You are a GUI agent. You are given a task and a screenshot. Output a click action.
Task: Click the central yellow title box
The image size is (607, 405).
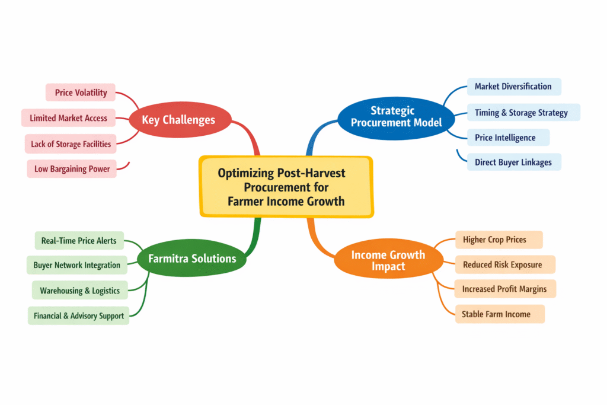(x=286, y=187)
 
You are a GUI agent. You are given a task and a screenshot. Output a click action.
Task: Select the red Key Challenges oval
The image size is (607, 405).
(x=178, y=120)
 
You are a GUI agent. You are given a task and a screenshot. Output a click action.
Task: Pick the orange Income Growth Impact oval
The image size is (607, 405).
(x=388, y=260)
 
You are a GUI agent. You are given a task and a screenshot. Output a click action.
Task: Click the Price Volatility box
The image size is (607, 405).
(x=81, y=93)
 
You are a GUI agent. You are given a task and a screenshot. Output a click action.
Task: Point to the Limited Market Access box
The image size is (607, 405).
(x=68, y=118)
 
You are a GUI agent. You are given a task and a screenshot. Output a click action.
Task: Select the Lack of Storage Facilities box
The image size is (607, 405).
(x=71, y=143)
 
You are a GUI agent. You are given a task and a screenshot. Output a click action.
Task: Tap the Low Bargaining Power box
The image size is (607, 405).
(x=72, y=169)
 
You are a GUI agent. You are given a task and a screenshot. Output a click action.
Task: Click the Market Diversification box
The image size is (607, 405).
(x=513, y=87)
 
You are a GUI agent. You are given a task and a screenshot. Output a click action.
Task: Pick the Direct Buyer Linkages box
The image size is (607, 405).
(x=513, y=162)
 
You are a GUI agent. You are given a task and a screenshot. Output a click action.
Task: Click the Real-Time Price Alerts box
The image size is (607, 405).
(x=79, y=241)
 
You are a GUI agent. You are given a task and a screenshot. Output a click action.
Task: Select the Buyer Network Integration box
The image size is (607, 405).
(x=76, y=265)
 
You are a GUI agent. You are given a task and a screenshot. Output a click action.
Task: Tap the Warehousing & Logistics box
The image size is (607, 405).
(x=79, y=291)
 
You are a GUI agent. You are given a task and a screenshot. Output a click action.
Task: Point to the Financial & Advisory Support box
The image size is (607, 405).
(x=78, y=315)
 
